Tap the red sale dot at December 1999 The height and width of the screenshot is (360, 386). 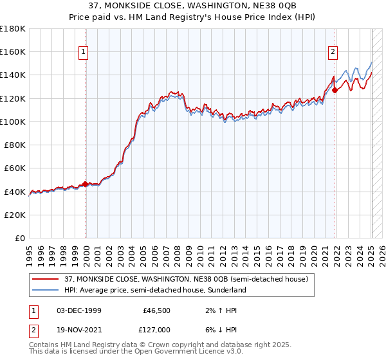point(86,184)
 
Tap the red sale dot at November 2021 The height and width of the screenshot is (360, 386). point(335,91)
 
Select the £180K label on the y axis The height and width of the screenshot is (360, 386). point(13,29)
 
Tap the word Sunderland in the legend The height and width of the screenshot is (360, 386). point(226,290)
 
